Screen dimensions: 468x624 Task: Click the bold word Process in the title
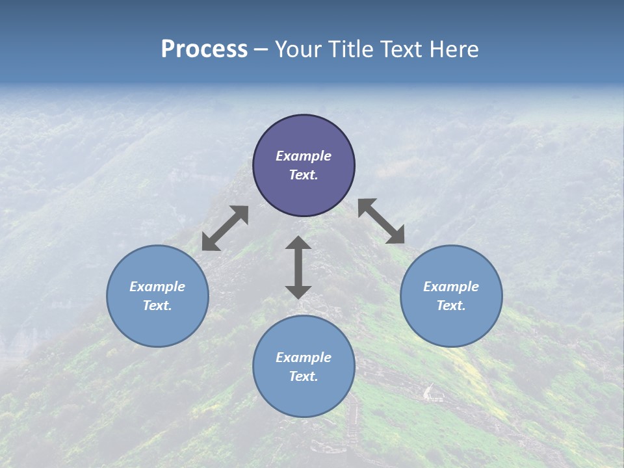(x=204, y=49)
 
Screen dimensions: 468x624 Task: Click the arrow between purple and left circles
(x=225, y=228)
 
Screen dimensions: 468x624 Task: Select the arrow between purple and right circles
(x=382, y=221)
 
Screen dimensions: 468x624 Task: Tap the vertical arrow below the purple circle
(x=298, y=267)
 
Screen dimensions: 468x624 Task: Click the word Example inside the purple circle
(x=304, y=156)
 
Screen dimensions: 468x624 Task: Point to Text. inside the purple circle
(x=304, y=175)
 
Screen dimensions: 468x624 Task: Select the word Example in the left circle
(x=157, y=287)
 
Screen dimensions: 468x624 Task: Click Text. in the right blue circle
(x=451, y=305)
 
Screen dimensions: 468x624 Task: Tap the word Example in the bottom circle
(x=304, y=357)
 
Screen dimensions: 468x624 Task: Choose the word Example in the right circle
(x=451, y=287)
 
